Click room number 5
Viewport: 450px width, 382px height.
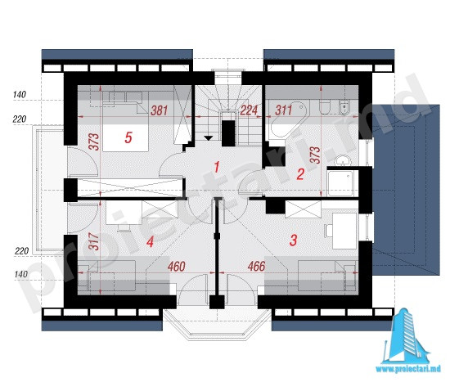(128, 137)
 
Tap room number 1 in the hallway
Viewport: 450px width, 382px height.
(217, 167)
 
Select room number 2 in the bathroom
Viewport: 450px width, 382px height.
(300, 174)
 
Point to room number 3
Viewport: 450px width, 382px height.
(293, 240)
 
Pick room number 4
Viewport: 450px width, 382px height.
(150, 241)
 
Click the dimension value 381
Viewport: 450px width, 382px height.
(160, 110)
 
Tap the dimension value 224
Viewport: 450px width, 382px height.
(249, 110)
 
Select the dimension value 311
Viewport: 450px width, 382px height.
(284, 110)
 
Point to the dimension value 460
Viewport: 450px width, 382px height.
(177, 267)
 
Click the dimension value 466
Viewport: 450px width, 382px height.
(257, 267)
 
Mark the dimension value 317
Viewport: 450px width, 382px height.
(94, 241)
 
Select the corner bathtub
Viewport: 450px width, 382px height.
(287, 119)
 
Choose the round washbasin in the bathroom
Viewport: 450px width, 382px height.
(342, 160)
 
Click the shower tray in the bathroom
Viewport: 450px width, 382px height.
(342, 183)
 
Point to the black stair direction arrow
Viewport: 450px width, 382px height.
(209, 138)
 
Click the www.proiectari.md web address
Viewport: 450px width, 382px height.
(408, 370)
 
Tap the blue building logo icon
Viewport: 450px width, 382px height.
(407, 336)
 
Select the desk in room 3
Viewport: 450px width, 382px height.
(344, 231)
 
